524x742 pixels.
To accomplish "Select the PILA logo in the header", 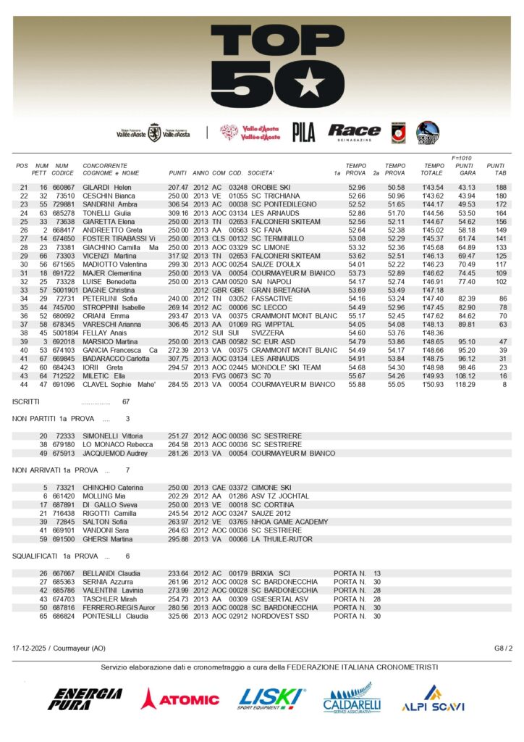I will click(x=303, y=132).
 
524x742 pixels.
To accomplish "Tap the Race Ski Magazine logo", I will click(x=354, y=131).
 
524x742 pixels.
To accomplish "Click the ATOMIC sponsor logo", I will click(x=180, y=699).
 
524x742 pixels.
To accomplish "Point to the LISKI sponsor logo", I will click(x=271, y=699).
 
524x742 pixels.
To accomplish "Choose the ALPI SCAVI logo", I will click(x=432, y=699).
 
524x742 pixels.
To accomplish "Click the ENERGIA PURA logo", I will click(x=85, y=699).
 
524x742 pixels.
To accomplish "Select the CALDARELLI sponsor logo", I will click(x=352, y=699).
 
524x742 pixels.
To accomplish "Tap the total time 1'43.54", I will click(x=433, y=187).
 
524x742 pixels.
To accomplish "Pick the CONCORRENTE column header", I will click(x=105, y=166).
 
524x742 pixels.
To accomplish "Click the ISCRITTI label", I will click(x=27, y=401).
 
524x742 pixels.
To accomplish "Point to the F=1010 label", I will click(x=461, y=157).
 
